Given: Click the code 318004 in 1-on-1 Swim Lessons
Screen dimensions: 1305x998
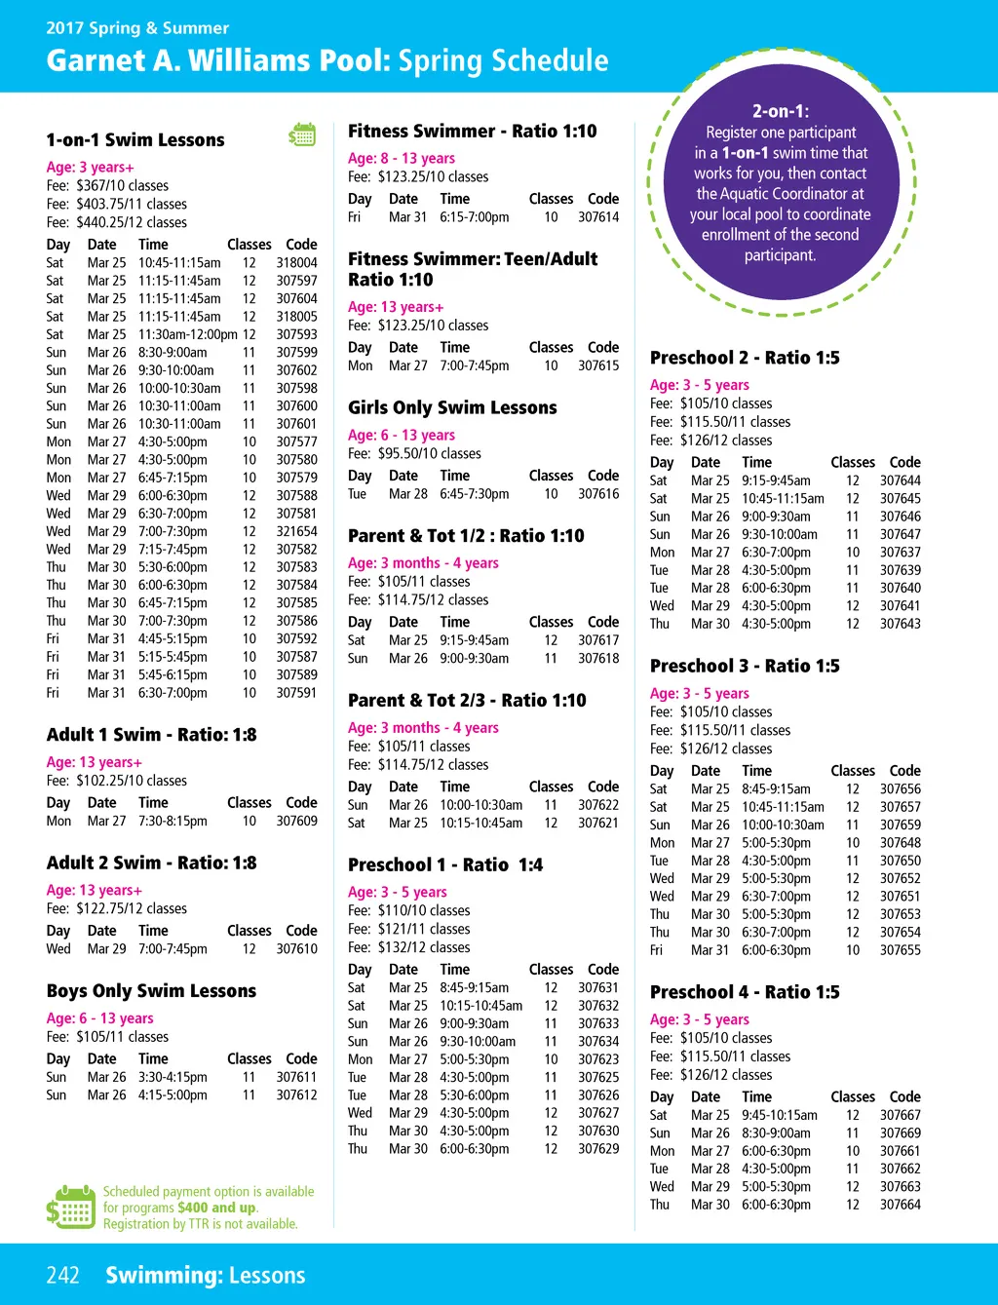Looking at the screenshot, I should (296, 263).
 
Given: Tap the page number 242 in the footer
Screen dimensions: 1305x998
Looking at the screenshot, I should (62, 1275).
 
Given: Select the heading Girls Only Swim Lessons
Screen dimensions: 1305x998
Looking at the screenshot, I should (452, 407).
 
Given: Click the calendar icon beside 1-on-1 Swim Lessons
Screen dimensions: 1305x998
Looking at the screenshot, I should (302, 135).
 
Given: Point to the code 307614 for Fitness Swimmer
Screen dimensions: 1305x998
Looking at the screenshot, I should (598, 217).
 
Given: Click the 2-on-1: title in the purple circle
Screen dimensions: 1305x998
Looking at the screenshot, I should (780, 111).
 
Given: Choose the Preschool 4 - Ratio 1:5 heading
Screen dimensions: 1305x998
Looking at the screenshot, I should (745, 992).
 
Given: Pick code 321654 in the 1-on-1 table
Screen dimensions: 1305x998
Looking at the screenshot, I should (296, 532).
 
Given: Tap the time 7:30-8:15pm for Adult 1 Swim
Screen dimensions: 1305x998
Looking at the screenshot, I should (173, 822).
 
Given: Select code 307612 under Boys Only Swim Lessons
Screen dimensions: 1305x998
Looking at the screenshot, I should (296, 1095).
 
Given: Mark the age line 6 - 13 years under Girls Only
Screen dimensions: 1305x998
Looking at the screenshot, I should (402, 436).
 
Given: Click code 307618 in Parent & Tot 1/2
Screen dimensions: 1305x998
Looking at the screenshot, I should (598, 659).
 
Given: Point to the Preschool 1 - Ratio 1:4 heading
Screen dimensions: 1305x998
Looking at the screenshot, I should (445, 864).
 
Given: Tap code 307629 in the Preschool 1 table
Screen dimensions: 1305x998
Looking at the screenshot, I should (598, 1149).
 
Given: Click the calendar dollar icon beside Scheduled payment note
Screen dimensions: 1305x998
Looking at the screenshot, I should (70, 1208).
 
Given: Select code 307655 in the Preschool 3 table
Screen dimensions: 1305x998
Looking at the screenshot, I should (901, 950).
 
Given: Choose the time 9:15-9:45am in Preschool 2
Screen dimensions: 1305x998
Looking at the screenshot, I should (776, 480).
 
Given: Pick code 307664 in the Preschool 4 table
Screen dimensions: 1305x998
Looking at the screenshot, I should (901, 1205).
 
